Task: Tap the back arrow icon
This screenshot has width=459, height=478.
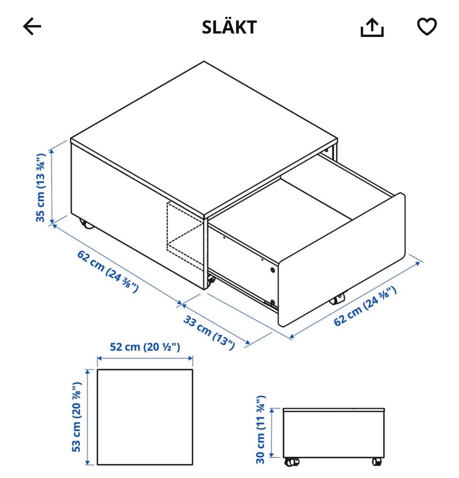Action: (32, 26)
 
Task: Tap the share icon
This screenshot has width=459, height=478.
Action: (372, 27)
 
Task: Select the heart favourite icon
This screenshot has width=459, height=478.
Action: (426, 26)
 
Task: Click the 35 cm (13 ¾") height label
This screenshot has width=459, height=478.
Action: (41, 188)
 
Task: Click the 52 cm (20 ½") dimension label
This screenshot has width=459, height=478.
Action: (145, 346)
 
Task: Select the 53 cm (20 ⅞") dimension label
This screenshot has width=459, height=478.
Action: (77, 417)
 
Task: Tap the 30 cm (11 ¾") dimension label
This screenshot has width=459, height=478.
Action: (261, 430)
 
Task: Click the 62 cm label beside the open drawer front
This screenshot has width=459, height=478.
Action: (365, 306)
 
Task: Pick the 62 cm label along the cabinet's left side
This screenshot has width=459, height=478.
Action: (108, 271)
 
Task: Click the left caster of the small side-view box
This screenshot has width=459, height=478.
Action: (292, 462)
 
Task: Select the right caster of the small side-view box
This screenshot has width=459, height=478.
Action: (377, 462)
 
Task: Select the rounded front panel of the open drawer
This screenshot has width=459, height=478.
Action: (342, 260)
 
